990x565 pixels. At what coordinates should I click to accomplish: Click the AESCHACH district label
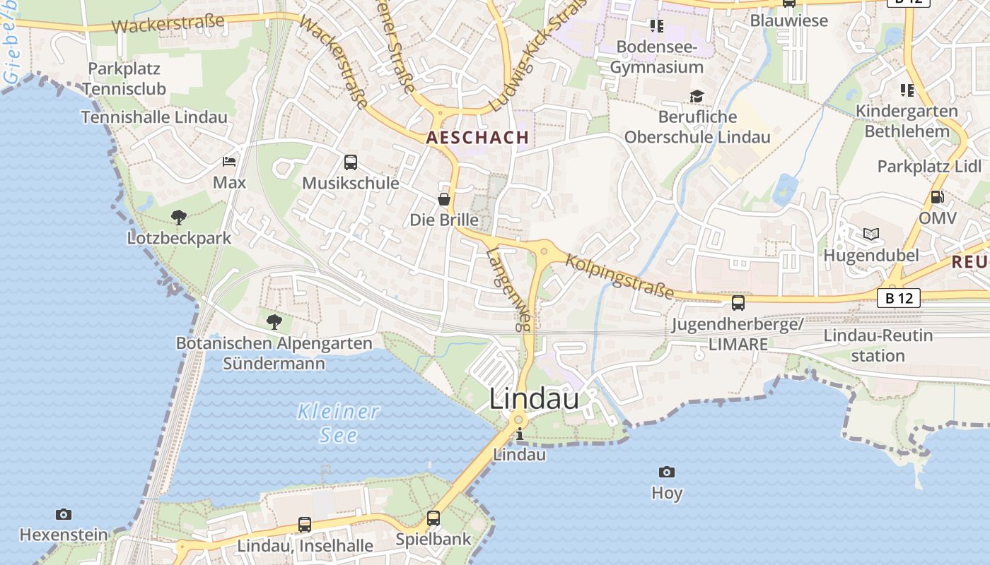pyautogui.click(x=478, y=138)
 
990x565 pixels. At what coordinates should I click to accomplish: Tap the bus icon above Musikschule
pyautogui.click(x=351, y=162)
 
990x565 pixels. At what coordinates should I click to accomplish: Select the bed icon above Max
pyautogui.click(x=229, y=162)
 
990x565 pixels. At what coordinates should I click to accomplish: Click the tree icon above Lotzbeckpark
pyautogui.click(x=179, y=217)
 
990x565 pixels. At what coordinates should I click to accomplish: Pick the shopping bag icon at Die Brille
pyautogui.click(x=444, y=199)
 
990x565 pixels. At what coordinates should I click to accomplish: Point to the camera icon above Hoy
pyautogui.click(x=666, y=472)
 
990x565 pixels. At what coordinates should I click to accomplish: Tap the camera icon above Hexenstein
pyautogui.click(x=64, y=514)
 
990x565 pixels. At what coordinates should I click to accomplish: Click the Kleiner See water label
pyautogui.click(x=338, y=422)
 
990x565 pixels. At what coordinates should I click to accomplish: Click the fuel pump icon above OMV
pyautogui.click(x=938, y=197)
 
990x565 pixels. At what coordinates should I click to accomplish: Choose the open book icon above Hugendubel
pyautogui.click(x=871, y=234)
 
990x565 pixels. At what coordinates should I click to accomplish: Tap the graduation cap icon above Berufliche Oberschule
pyautogui.click(x=697, y=96)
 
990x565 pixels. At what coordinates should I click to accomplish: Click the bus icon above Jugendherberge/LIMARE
pyautogui.click(x=738, y=303)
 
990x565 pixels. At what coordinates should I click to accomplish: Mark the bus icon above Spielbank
pyautogui.click(x=433, y=518)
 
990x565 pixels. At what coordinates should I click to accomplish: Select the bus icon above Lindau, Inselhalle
pyautogui.click(x=305, y=525)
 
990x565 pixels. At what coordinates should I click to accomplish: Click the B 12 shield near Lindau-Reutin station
pyautogui.click(x=899, y=298)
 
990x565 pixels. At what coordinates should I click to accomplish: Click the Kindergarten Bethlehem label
pyautogui.click(x=907, y=121)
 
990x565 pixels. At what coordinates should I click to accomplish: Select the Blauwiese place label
pyautogui.click(x=788, y=20)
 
